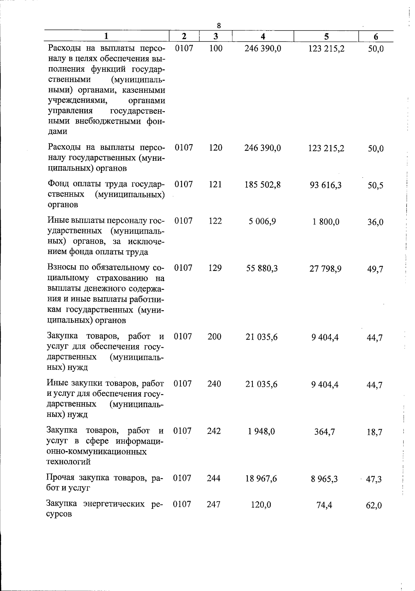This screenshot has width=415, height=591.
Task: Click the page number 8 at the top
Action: (x=219, y=25)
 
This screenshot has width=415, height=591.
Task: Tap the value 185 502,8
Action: (x=262, y=185)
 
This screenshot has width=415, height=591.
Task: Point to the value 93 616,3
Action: (x=325, y=185)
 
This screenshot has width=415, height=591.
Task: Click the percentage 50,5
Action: (x=375, y=186)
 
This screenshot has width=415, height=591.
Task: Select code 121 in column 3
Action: (x=215, y=185)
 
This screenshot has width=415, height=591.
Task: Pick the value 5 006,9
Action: (x=262, y=221)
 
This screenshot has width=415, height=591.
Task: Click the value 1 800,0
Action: (x=326, y=222)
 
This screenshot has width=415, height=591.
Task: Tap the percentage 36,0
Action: (x=375, y=222)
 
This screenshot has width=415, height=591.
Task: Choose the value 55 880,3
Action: (x=262, y=268)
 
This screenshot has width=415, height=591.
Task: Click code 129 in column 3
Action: (x=215, y=268)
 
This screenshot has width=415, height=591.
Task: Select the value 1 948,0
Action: (x=261, y=431)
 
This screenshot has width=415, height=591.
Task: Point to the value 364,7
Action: (x=324, y=432)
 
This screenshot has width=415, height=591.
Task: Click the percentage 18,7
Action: (x=375, y=432)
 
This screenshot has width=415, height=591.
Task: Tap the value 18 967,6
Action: (x=261, y=479)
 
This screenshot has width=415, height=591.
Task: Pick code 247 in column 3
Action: (x=214, y=504)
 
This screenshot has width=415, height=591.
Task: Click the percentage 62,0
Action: (x=374, y=505)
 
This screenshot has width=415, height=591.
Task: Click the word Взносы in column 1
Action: (x=62, y=268)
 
